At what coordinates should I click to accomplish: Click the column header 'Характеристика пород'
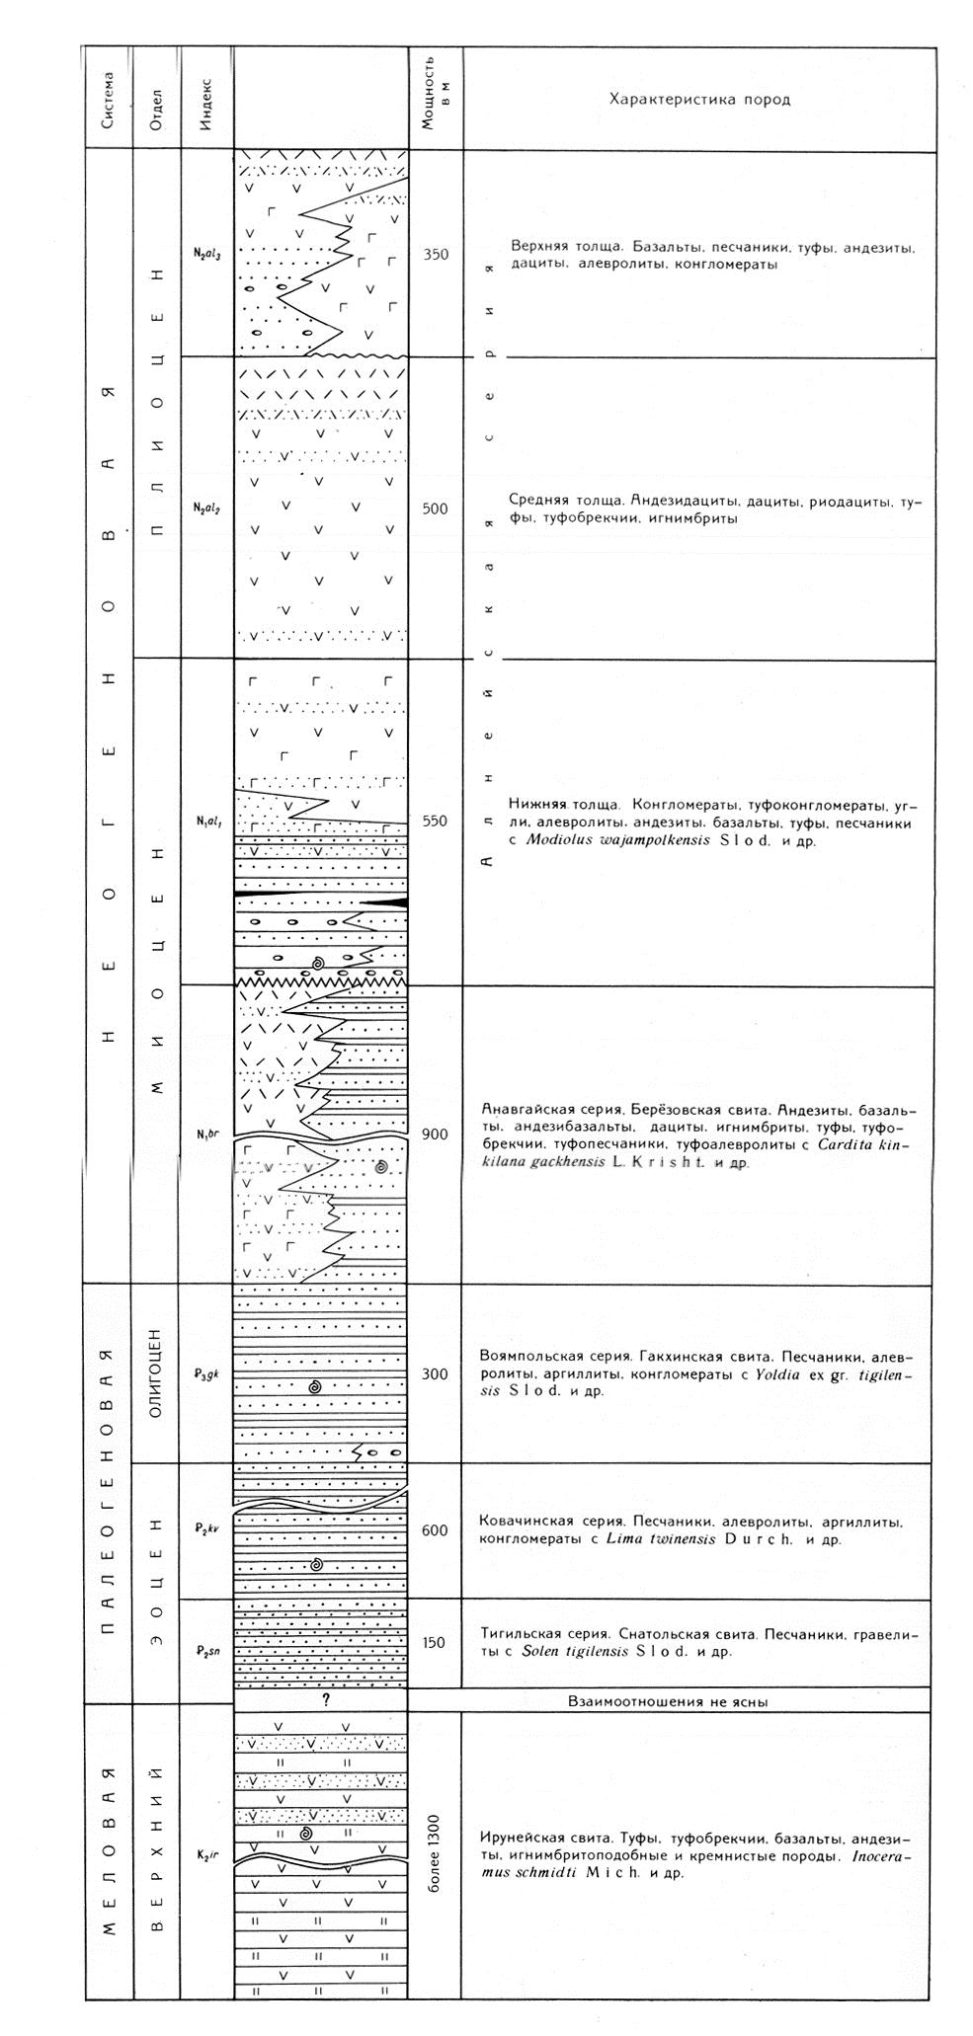pos(699,100)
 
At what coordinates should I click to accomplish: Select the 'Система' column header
pos(108,99)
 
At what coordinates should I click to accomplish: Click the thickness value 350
pos(436,255)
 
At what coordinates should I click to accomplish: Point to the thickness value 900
pos(436,1134)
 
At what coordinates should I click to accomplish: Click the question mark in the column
pos(323,1700)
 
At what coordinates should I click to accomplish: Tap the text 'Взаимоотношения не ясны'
pos(669,1701)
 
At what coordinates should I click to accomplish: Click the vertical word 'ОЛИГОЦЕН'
pos(157,1373)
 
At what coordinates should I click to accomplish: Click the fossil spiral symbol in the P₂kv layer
pos(316,1565)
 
